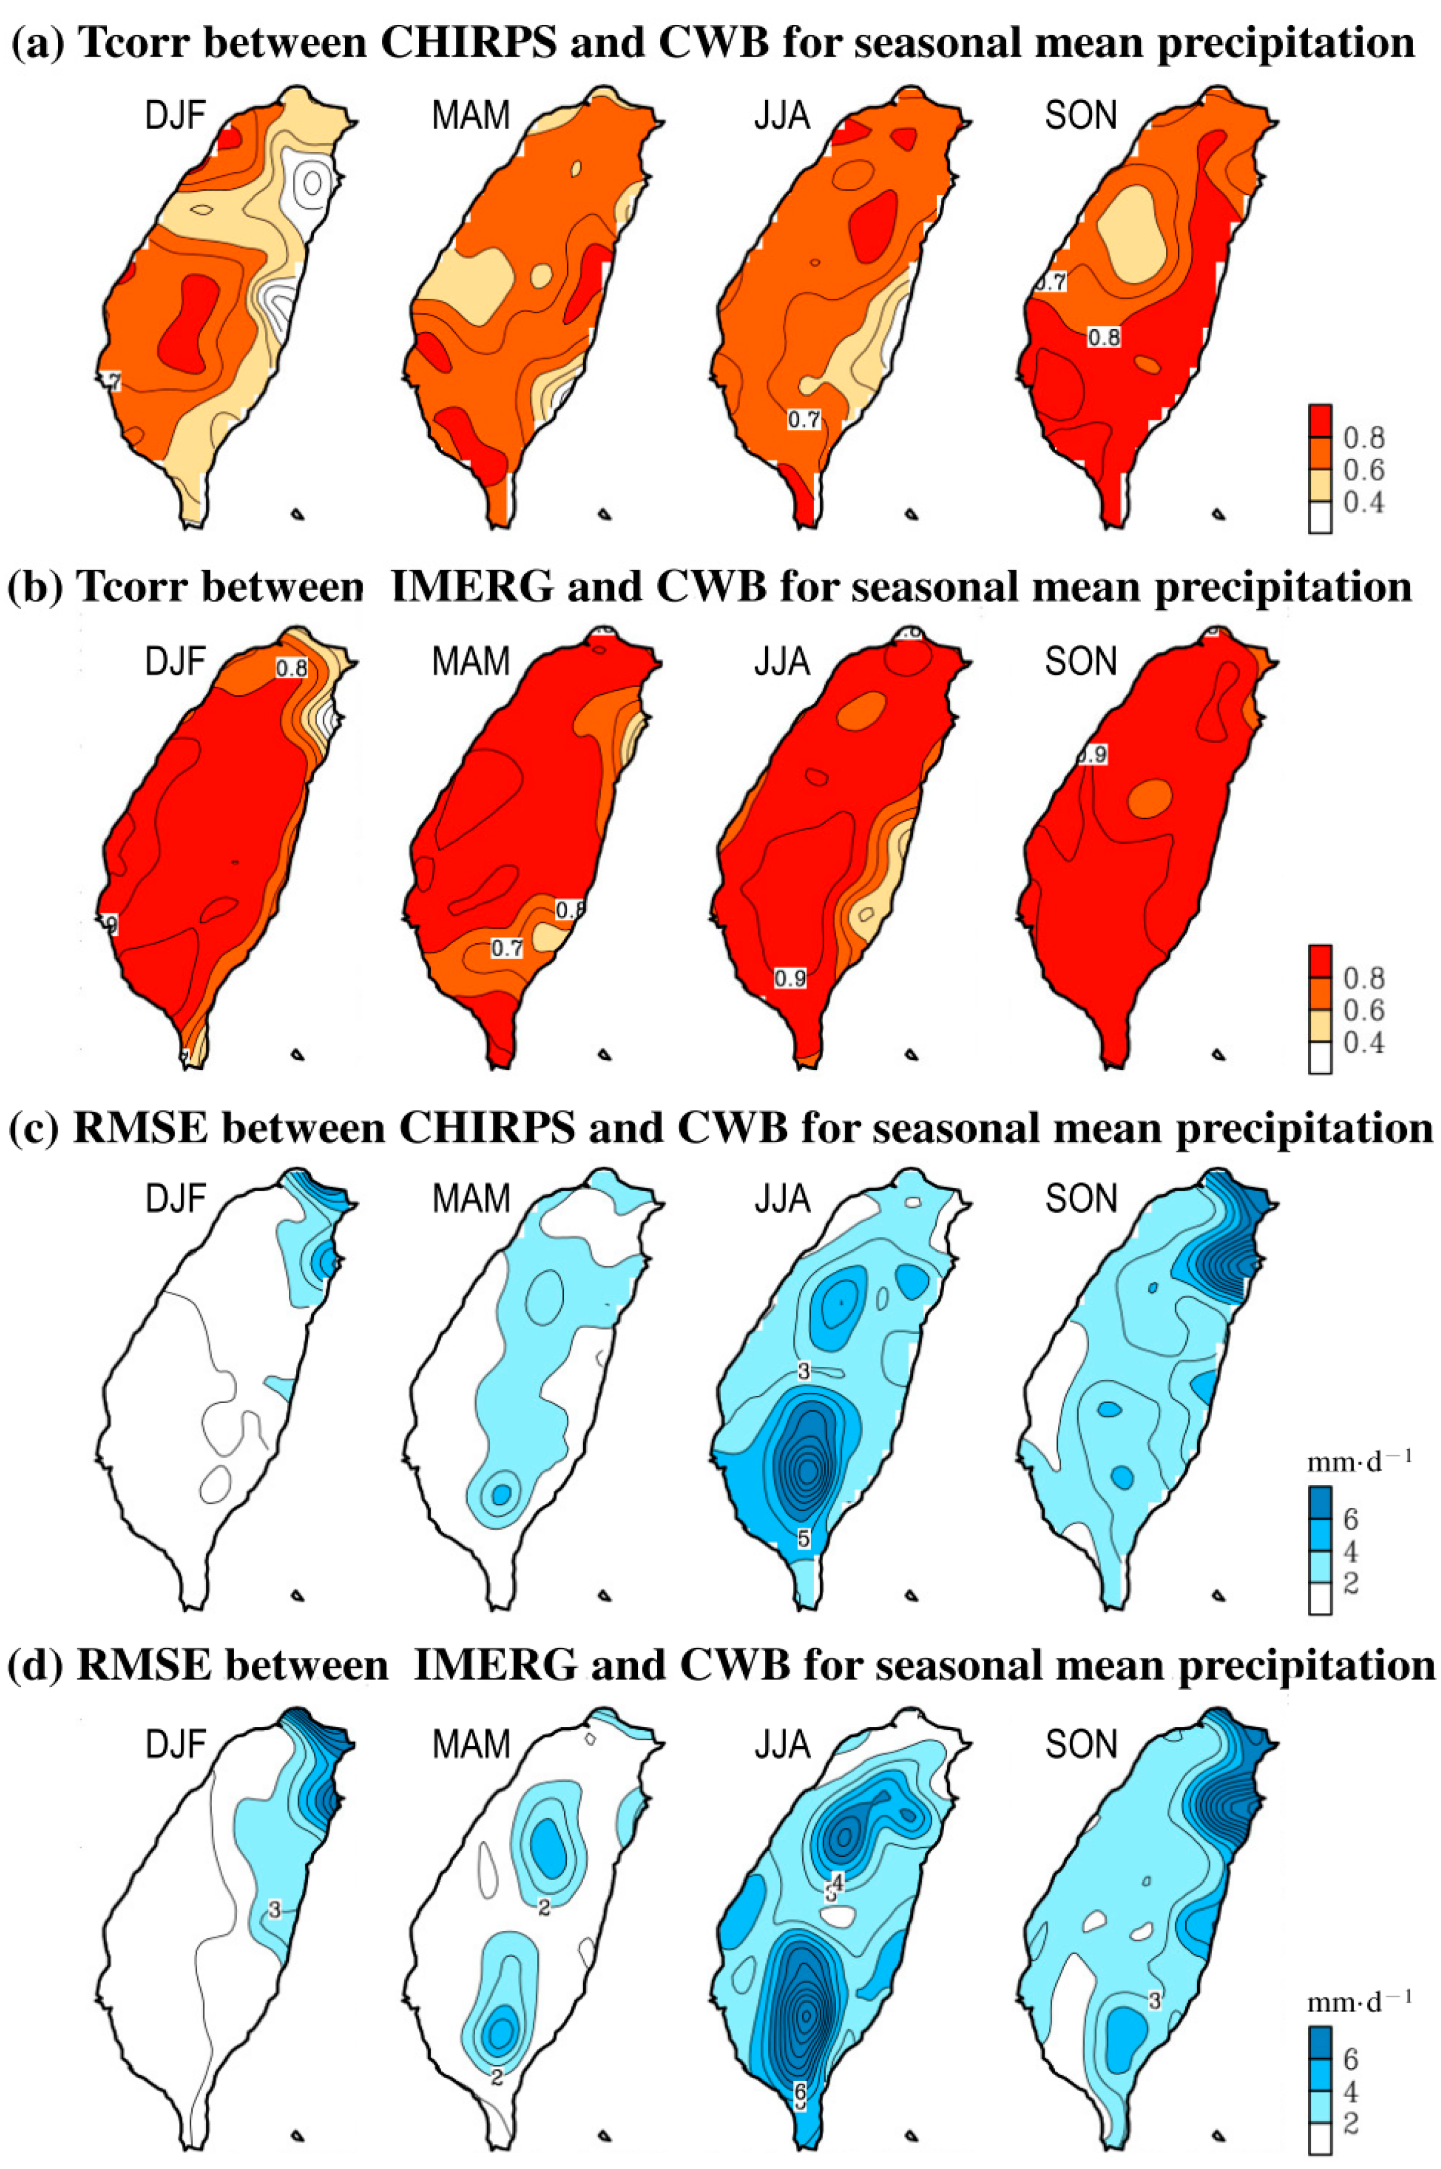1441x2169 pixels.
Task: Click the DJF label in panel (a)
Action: (x=175, y=116)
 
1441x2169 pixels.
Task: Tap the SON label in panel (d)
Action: (x=1081, y=1744)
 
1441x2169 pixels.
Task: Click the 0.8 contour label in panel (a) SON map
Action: (x=1104, y=337)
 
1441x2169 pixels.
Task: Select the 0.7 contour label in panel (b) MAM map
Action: (x=506, y=948)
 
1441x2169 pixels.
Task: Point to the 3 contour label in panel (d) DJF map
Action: (x=275, y=1910)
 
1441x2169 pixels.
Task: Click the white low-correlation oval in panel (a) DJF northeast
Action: (x=313, y=183)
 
